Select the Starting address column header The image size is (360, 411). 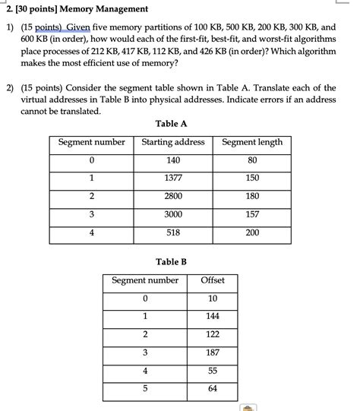click(173, 142)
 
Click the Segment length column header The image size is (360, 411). click(252, 142)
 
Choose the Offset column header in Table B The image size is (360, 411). click(213, 280)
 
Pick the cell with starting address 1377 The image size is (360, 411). click(173, 178)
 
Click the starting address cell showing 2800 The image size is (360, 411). click(173, 196)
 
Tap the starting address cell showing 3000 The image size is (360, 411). click(173, 214)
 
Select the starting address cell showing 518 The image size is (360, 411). click(173, 232)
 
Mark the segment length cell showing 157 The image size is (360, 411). click(252, 214)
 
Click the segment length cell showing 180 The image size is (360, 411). click(252, 196)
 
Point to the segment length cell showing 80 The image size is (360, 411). click(252, 160)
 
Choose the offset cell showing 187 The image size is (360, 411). click(213, 353)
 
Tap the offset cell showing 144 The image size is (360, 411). click(213, 316)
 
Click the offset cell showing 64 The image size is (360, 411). click(213, 389)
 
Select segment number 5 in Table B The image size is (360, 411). click(144, 389)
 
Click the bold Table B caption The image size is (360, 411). click(171, 262)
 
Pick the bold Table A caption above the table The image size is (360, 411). click(171, 124)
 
